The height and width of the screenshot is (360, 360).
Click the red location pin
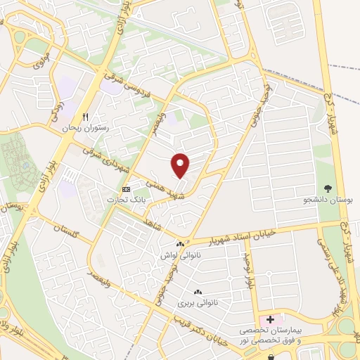pos(181,165)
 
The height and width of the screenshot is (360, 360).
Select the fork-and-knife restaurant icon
pos(85,117)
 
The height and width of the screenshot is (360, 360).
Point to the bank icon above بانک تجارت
pos(126,189)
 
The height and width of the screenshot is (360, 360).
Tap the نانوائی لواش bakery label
pos(180,255)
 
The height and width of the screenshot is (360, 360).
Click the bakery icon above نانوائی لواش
pos(181,245)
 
